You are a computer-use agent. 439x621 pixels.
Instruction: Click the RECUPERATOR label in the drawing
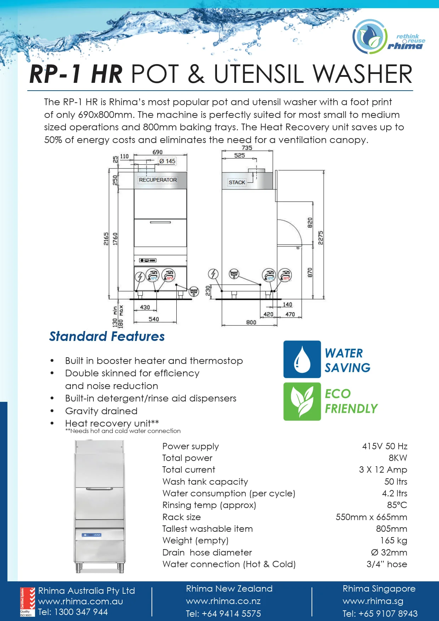pyautogui.click(x=158, y=180)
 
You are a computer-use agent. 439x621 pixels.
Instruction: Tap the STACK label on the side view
pyautogui.click(x=237, y=182)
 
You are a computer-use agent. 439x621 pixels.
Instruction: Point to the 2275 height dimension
pyautogui.click(x=320, y=238)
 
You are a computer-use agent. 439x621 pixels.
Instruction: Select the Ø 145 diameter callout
pyautogui.click(x=167, y=161)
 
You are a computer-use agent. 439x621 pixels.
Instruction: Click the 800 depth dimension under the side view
pyautogui.click(x=251, y=322)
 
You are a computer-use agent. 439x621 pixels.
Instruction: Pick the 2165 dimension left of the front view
pyautogui.click(x=106, y=239)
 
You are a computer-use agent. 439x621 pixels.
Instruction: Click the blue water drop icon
pyautogui.click(x=302, y=359)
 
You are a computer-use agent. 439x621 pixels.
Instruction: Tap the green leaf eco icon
pyautogui.click(x=302, y=401)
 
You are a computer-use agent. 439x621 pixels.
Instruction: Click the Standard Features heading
pyautogui.click(x=107, y=336)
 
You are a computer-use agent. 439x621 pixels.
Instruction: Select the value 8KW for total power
pyautogui.click(x=398, y=458)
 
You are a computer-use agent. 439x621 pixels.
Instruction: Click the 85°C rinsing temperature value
pyautogui.click(x=397, y=505)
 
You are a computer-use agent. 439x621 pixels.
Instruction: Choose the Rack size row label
pyautogui.click(x=181, y=517)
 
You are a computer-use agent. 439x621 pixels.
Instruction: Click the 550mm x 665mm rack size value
pyautogui.click(x=371, y=517)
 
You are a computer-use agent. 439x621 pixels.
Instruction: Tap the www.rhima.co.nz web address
pyautogui.click(x=223, y=601)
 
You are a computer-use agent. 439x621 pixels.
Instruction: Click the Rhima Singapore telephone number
pyautogui.click(x=380, y=614)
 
